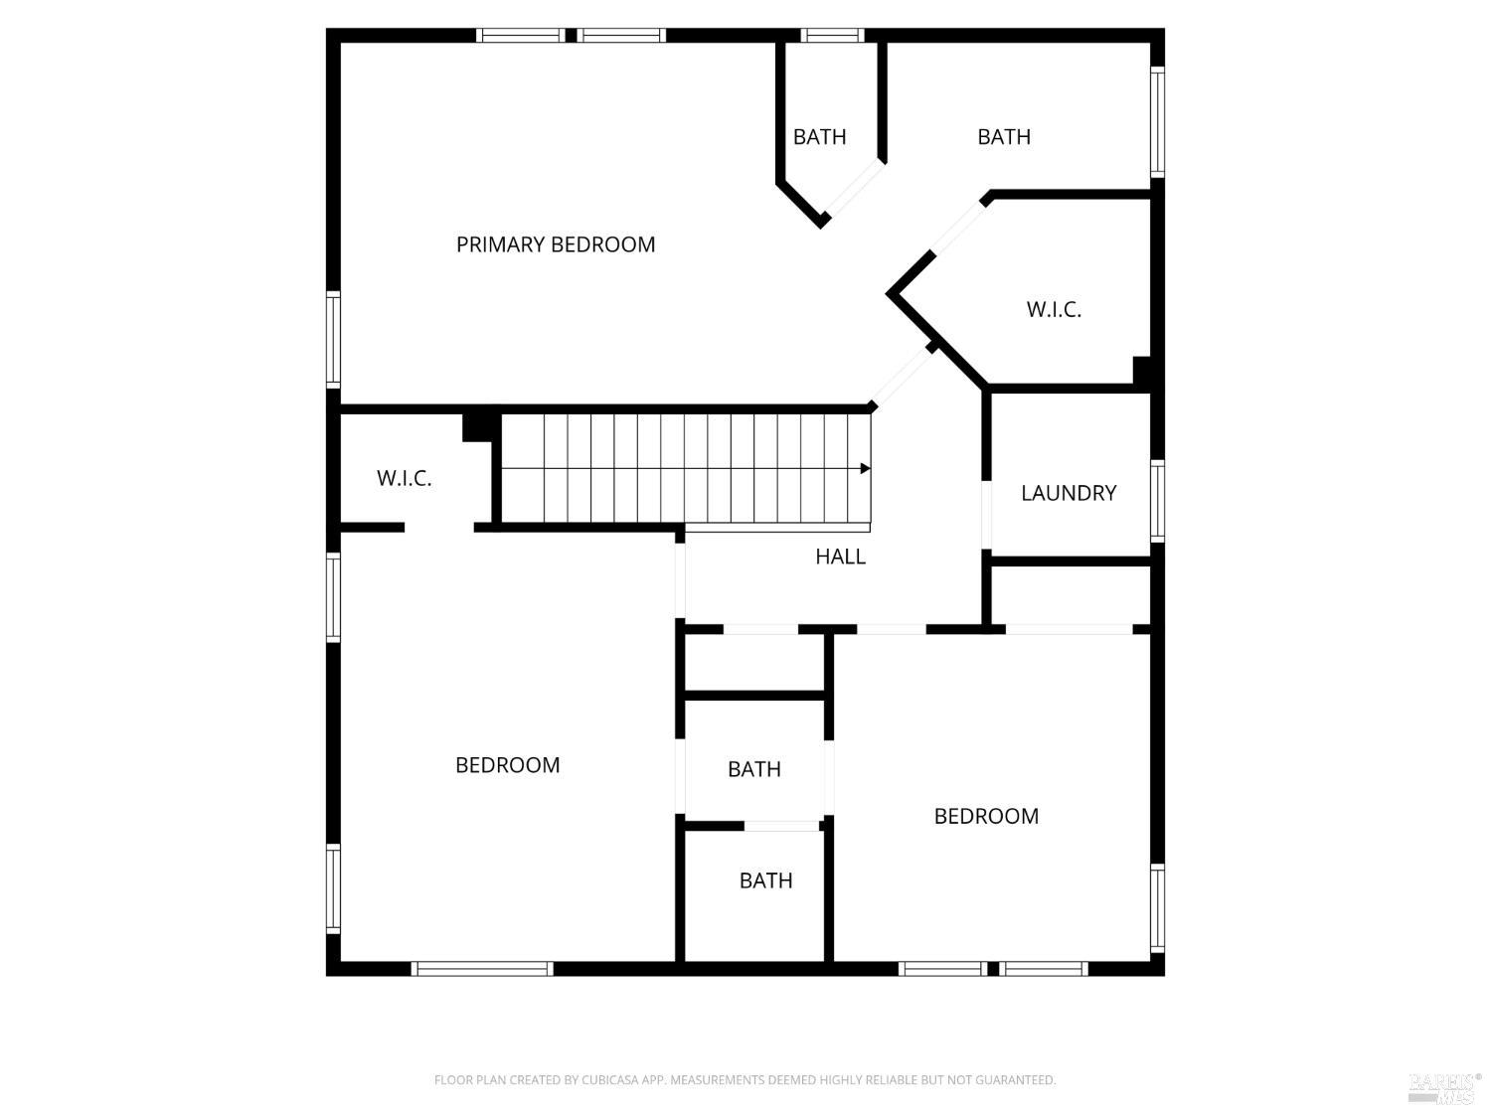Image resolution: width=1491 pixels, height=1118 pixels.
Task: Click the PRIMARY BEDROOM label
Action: (556, 244)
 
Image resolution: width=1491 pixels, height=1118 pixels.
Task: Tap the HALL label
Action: (840, 557)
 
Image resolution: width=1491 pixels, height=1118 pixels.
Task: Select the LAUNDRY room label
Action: (1069, 493)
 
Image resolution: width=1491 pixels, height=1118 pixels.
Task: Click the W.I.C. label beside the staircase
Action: (404, 478)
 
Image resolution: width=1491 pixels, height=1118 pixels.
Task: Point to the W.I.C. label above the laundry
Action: (1054, 309)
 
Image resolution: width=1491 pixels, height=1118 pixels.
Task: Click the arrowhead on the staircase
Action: (865, 468)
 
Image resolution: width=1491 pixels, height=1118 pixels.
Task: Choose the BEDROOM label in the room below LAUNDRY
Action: (986, 816)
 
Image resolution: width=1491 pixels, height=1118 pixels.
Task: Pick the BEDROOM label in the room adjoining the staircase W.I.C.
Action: (507, 765)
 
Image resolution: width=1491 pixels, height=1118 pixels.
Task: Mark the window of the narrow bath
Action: (832, 36)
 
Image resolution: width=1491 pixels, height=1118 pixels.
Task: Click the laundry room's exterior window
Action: (1157, 500)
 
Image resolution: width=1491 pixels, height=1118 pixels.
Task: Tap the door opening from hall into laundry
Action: (986, 515)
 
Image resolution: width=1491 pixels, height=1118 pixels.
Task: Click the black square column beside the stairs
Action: (479, 425)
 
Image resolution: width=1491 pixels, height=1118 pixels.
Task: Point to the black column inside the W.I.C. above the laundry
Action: (1143, 370)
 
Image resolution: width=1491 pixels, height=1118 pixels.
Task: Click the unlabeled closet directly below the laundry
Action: (1071, 595)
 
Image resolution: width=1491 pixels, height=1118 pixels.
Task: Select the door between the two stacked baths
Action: (782, 826)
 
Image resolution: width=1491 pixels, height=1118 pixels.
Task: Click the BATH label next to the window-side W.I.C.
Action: (1004, 137)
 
